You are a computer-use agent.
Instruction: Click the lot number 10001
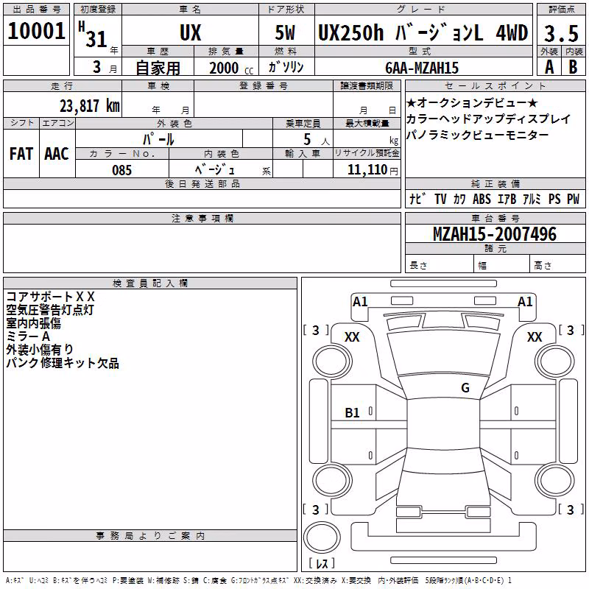(x=36, y=31)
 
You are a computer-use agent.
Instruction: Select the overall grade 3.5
(x=561, y=33)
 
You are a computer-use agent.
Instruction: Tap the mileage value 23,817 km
(x=90, y=106)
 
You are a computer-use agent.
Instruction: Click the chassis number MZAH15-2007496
(x=495, y=233)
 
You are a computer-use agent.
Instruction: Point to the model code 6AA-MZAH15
(x=422, y=68)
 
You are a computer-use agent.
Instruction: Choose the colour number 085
(x=121, y=170)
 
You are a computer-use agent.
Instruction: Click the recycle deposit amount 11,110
(x=367, y=170)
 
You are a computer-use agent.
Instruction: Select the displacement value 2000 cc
(x=231, y=68)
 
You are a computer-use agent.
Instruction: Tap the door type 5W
(x=285, y=32)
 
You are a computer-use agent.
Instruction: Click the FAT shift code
(x=21, y=154)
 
